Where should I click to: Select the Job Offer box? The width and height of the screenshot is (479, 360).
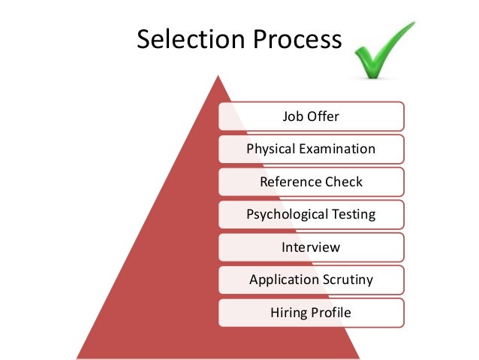[x=311, y=116]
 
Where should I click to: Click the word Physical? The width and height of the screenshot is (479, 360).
[x=273, y=149]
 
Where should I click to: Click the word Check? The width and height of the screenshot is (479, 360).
[x=344, y=182]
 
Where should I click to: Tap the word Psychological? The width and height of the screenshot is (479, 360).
[x=286, y=215]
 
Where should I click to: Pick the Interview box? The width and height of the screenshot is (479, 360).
[x=311, y=247]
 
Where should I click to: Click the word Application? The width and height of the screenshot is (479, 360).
[x=285, y=280]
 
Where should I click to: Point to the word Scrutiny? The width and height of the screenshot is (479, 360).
[x=348, y=280]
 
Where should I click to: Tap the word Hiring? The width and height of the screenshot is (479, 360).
[x=288, y=313]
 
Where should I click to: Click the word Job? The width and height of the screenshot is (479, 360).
[x=291, y=116]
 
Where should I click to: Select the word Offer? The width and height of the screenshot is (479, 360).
[x=323, y=116]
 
